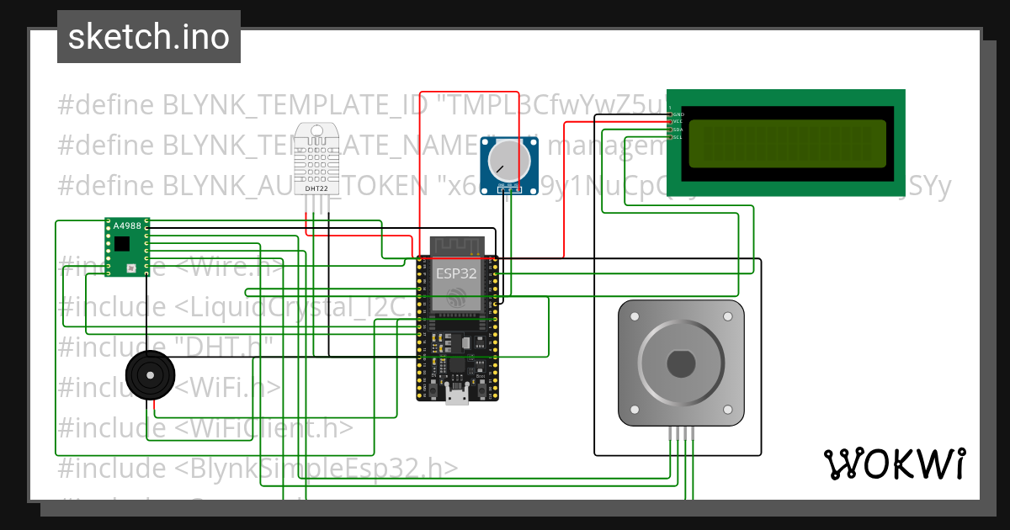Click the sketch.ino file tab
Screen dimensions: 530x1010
pyautogui.click(x=149, y=37)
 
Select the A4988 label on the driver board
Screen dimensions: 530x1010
pyautogui.click(x=127, y=225)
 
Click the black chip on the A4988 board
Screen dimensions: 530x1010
pyautogui.click(x=123, y=244)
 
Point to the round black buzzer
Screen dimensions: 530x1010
pyautogui.click(x=151, y=374)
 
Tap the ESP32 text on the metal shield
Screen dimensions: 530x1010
pyautogui.click(x=455, y=273)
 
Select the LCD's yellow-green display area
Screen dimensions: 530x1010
pyautogui.click(x=787, y=144)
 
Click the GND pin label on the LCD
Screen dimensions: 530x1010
pyautogui.click(x=678, y=114)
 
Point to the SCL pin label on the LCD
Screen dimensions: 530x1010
pyautogui.click(x=678, y=137)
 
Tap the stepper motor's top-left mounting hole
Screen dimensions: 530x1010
pyautogui.click(x=633, y=316)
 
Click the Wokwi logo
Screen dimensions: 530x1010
pyautogui.click(x=894, y=464)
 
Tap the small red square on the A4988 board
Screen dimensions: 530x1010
pyautogui.click(x=131, y=268)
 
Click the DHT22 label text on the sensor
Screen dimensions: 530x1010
pyautogui.click(x=316, y=189)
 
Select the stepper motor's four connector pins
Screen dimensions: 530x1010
pyautogui.click(x=681, y=433)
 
